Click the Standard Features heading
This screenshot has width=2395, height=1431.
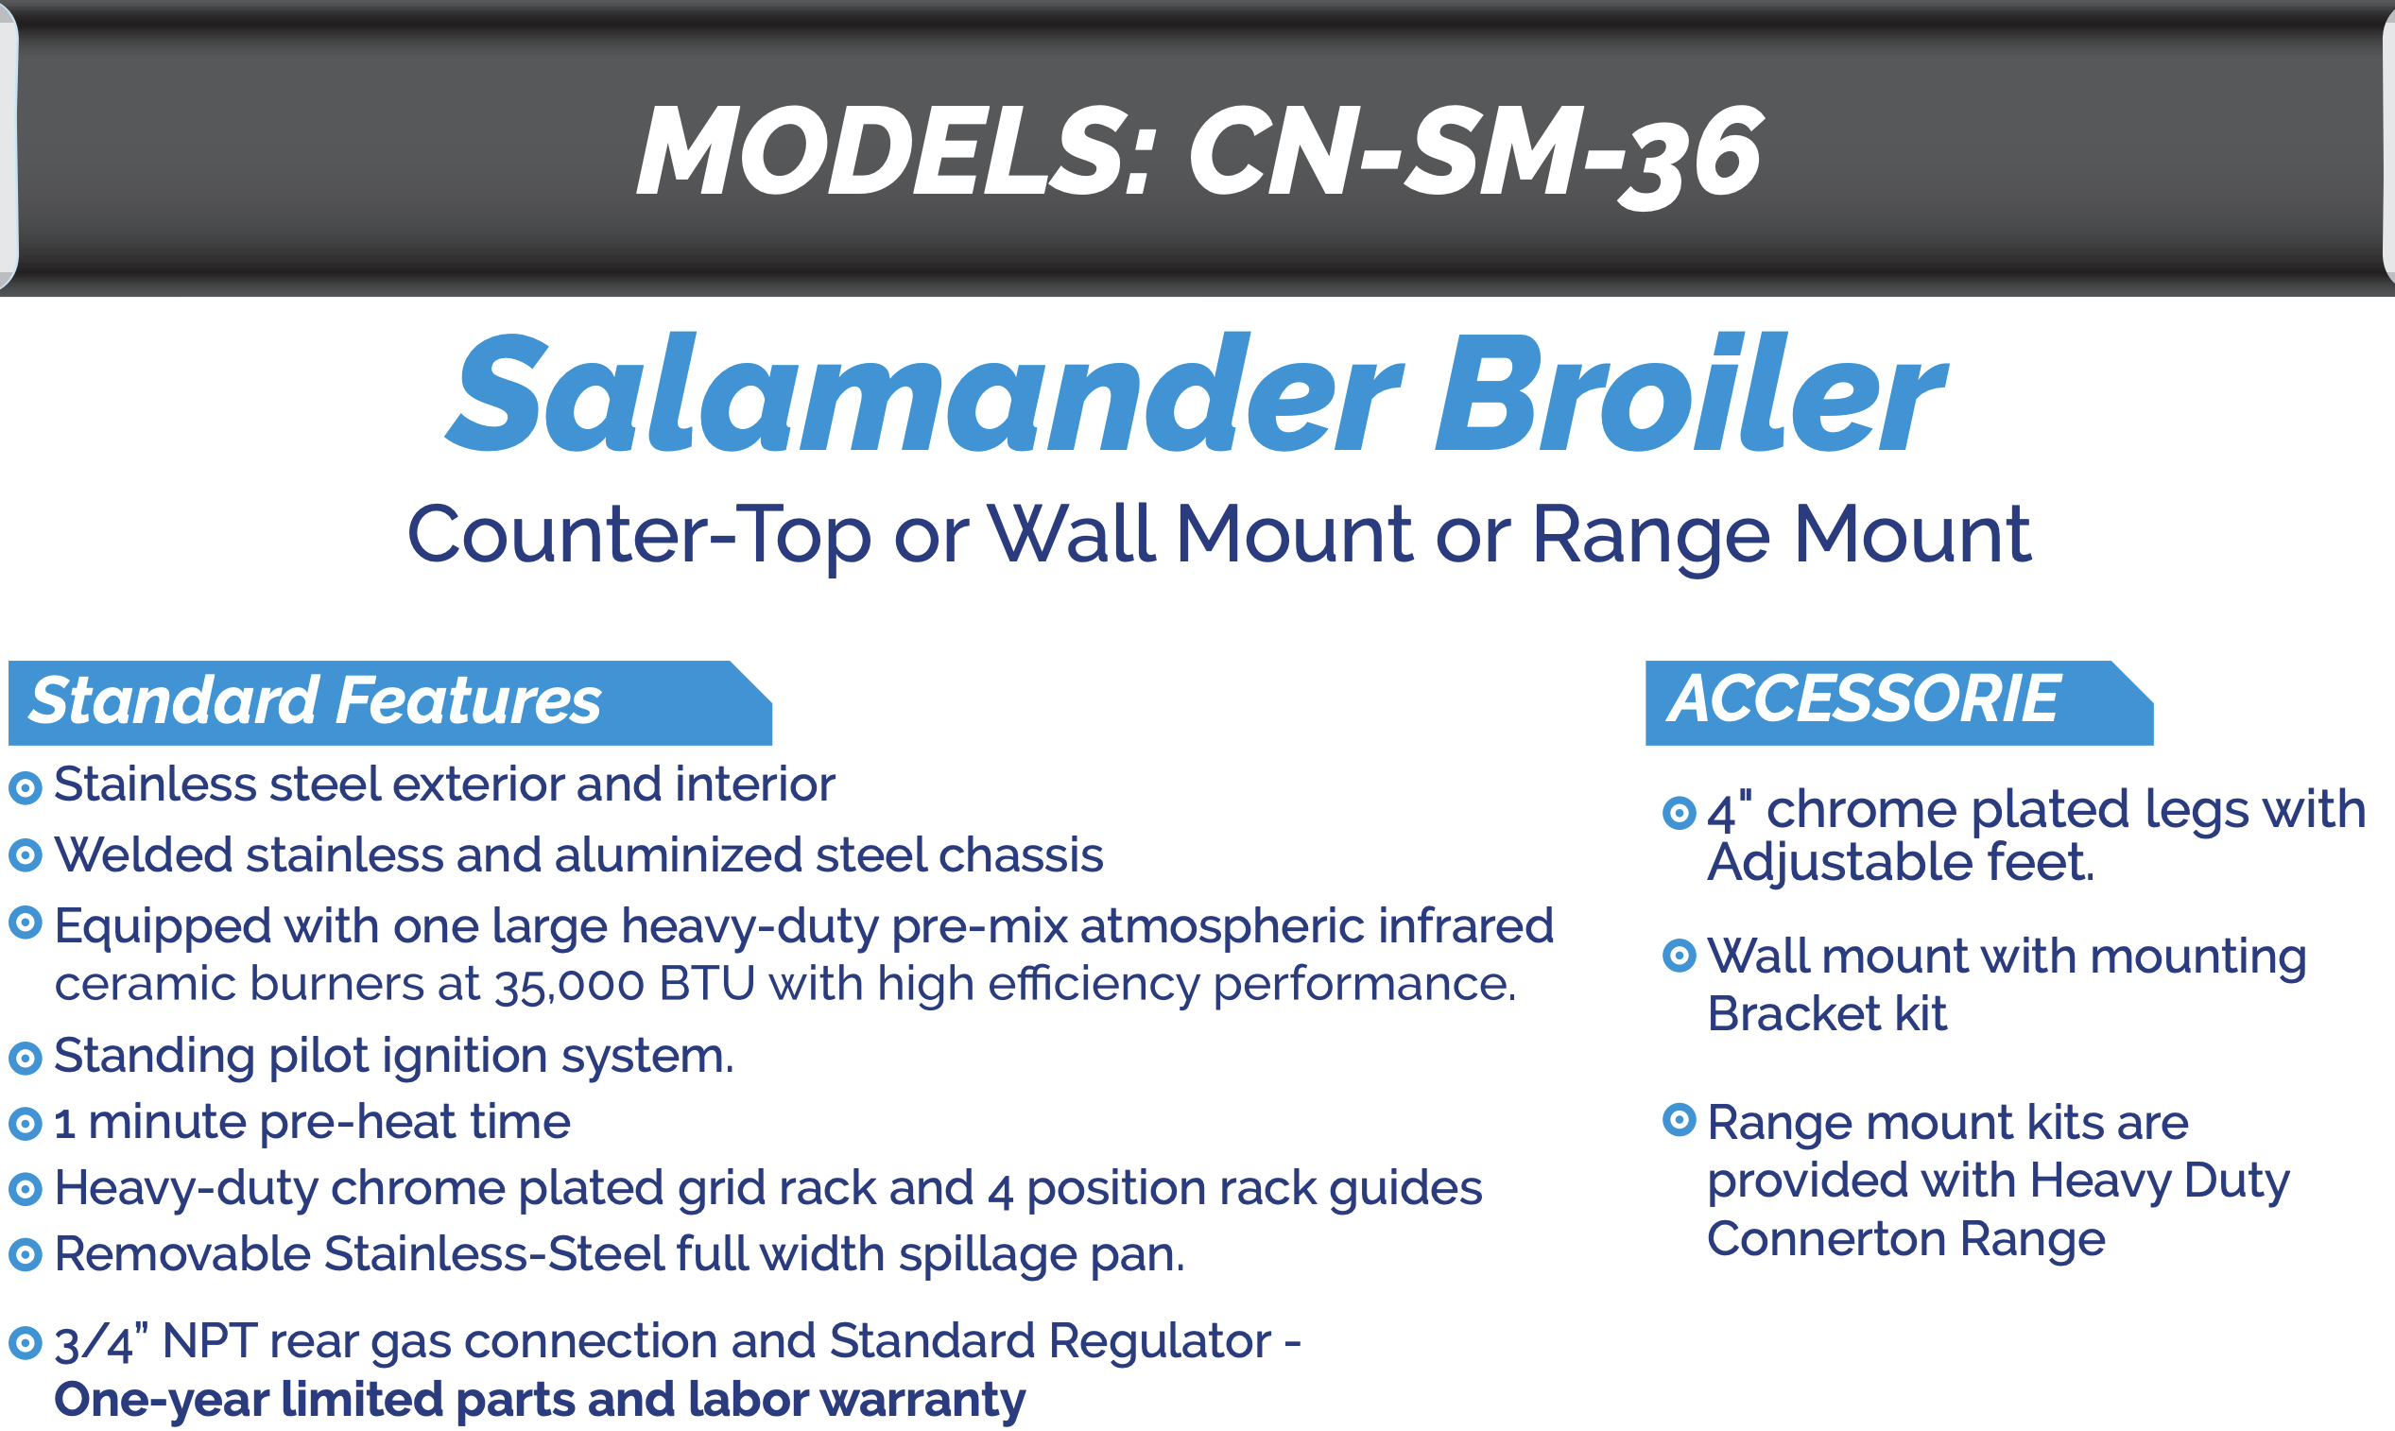(x=315, y=700)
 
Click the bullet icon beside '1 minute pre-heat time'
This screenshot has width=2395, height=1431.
(x=26, y=1125)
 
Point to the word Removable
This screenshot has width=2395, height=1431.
(x=182, y=1254)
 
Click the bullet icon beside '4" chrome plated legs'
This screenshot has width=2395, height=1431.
(x=1680, y=813)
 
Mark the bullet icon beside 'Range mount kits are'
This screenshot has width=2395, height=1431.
(x=1680, y=1119)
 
